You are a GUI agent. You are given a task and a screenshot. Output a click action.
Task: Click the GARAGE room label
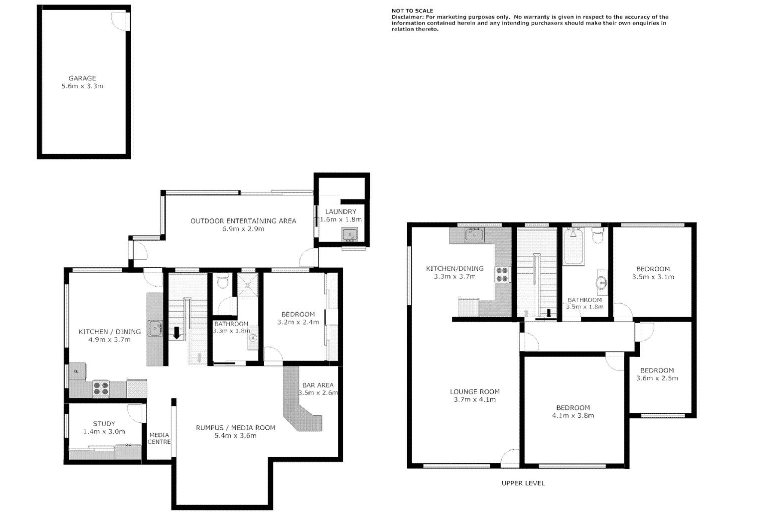(82, 78)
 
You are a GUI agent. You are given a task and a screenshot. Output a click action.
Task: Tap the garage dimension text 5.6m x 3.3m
(82, 86)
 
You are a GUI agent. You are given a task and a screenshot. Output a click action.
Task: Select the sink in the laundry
(350, 234)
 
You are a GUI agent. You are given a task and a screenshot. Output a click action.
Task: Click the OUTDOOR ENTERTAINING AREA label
(243, 221)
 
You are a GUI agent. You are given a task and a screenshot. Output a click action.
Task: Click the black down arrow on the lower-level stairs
(177, 333)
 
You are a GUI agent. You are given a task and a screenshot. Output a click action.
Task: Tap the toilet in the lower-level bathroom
(223, 282)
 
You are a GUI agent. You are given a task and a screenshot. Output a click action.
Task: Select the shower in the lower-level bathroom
(248, 285)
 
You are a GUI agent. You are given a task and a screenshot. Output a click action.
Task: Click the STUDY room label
(104, 424)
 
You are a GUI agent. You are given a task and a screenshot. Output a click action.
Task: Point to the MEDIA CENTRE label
(159, 438)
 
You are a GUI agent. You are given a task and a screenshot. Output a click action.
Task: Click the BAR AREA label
(318, 385)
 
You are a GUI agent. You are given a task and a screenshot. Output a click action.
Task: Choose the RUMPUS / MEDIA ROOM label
(235, 428)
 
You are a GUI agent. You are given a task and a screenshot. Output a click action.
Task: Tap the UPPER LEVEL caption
(523, 483)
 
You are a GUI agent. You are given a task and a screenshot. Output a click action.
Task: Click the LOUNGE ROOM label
(475, 392)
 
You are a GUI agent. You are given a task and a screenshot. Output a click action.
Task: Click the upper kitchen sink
(474, 235)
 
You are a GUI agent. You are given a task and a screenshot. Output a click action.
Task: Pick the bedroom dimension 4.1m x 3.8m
(573, 416)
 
